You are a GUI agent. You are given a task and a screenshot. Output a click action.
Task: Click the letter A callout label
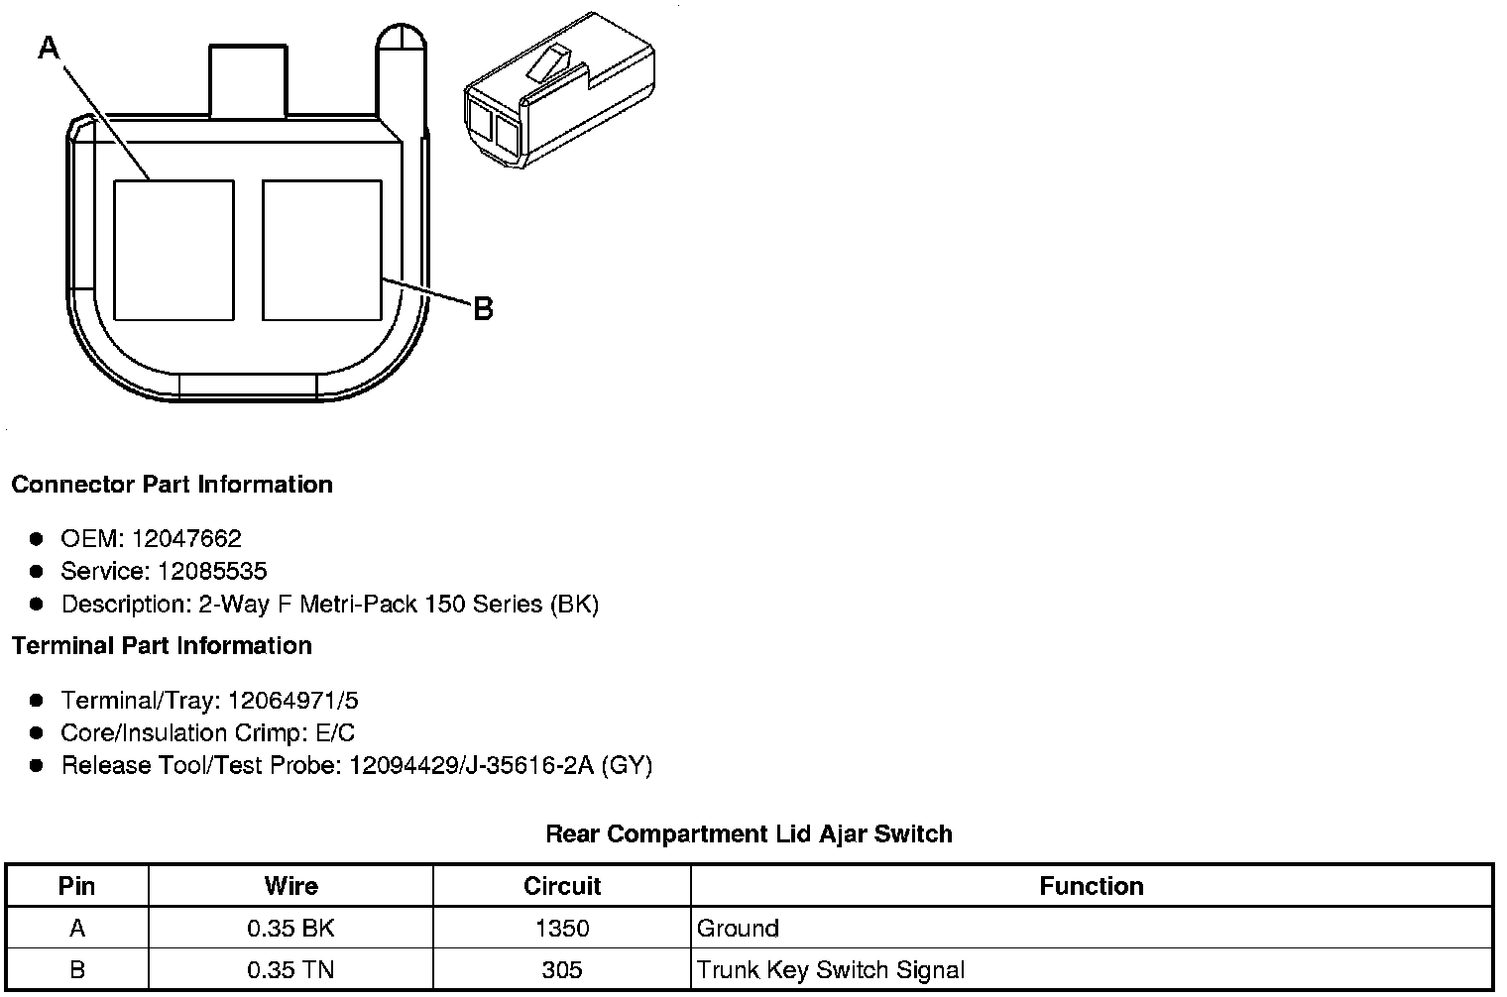point(50,49)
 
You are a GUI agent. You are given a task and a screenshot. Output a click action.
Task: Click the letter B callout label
point(483,309)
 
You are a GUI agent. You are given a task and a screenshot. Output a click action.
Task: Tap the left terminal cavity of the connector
point(174,250)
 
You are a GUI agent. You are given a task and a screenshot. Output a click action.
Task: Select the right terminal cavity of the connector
point(322,250)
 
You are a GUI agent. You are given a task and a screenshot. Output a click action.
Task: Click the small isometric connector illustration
point(559,90)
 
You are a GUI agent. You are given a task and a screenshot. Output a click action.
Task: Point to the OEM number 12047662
point(186,538)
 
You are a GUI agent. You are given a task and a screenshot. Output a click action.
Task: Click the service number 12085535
point(212,571)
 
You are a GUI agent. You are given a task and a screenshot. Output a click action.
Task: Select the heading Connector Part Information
point(173,484)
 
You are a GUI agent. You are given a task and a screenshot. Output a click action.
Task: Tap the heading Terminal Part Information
point(163,645)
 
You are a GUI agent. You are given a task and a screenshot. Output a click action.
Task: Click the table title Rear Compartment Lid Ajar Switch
point(749,833)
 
